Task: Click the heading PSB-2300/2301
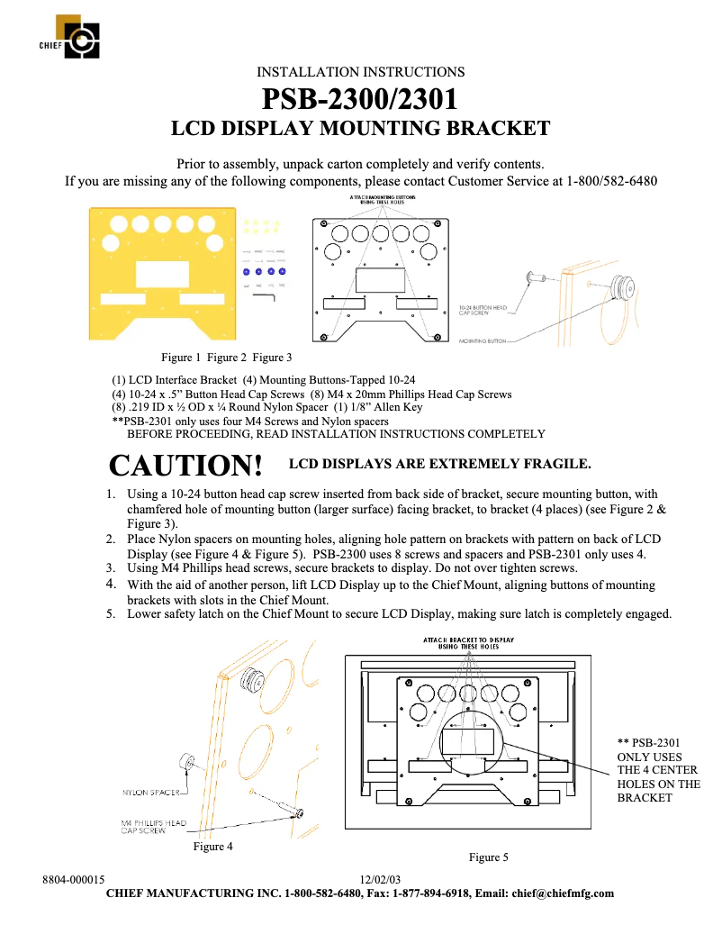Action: (360, 97)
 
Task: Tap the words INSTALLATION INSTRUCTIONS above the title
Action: (360, 71)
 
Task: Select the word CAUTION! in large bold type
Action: (185, 466)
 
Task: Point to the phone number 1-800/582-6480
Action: (611, 181)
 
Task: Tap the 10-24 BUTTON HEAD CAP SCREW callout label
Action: (483, 310)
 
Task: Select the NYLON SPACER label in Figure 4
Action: (150, 793)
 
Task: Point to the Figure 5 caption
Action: (488, 857)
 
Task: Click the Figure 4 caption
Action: (213, 847)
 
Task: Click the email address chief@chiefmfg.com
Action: (563, 893)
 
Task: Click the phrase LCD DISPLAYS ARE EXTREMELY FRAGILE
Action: (438, 465)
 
